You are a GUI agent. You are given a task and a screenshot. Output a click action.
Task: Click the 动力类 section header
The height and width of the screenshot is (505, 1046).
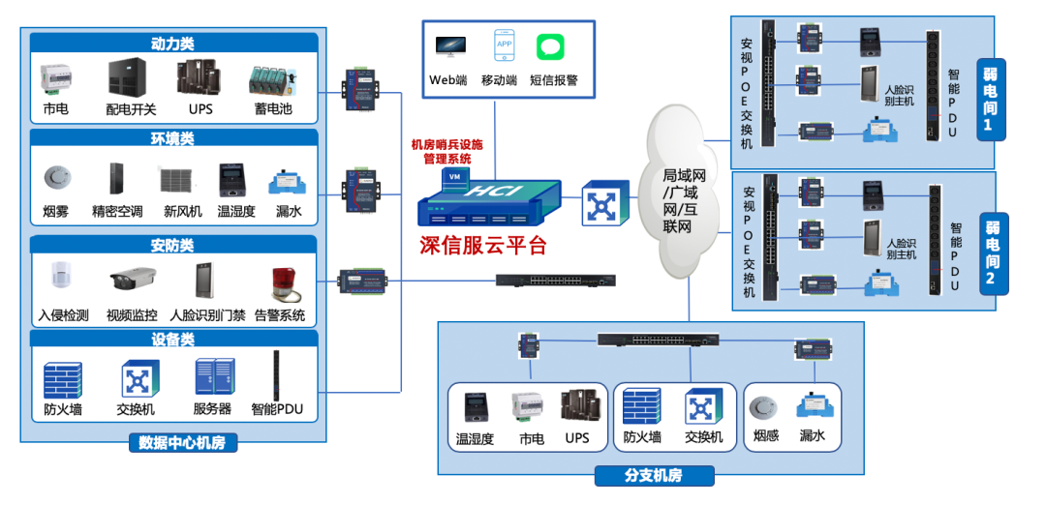pyautogui.click(x=172, y=44)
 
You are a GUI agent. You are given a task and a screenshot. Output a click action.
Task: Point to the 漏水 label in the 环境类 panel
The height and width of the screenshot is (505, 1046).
pyautogui.click(x=288, y=211)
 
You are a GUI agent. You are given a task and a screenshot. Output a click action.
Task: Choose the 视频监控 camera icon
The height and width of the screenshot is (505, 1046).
pyautogui.click(x=132, y=282)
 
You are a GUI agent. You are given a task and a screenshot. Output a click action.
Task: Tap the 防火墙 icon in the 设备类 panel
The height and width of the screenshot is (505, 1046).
pyautogui.click(x=63, y=380)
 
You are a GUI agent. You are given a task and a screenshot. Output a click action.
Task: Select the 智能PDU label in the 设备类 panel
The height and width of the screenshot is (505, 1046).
pyautogui.click(x=277, y=409)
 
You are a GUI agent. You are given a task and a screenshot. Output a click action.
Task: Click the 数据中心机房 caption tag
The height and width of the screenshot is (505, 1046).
pyautogui.click(x=182, y=443)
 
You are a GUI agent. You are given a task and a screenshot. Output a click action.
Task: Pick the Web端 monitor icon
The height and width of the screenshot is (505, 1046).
pyautogui.click(x=449, y=46)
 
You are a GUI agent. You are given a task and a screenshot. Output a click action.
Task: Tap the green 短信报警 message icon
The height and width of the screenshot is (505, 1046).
pyautogui.click(x=551, y=46)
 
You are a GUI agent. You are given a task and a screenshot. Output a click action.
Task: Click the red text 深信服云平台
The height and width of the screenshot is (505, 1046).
pyautogui.click(x=483, y=245)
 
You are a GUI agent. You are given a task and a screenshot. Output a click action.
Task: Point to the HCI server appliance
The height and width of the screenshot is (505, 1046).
pyautogui.click(x=489, y=200)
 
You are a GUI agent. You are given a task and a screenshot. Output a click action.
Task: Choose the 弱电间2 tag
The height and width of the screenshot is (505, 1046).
pyautogui.click(x=992, y=253)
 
